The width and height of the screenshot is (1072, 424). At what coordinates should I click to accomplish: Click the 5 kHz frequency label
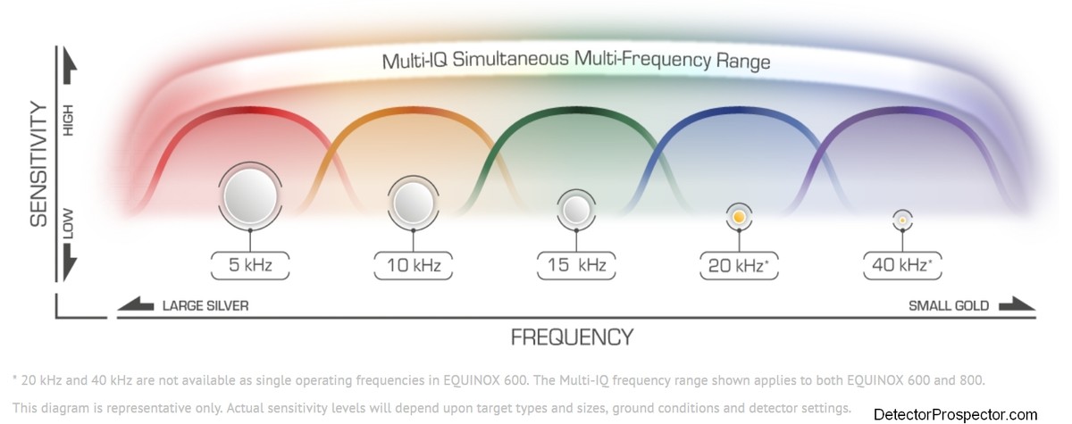pyautogui.click(x=250, y=265)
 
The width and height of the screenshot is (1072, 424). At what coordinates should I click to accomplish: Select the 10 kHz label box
pyautogui.click(x=413, y=265)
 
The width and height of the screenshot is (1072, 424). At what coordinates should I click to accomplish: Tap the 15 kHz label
pyautogui.click(x=576, y=265)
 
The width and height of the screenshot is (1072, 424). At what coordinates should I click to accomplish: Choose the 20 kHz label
pyautogui.click(x=739, y=265)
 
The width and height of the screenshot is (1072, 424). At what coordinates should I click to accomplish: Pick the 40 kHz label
pyautogui.click(x=902, y=265)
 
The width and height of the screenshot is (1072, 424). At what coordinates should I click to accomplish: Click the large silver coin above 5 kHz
pyautogui.click(x=250, y=196)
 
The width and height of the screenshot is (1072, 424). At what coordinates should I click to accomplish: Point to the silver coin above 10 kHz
pyautogui.click(x=413, y=203)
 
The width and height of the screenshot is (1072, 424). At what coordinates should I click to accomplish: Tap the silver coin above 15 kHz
pyautogui.click(x=576, y=210)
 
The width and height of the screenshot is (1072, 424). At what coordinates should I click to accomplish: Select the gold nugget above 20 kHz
pyautogui.click(x=739, y=217)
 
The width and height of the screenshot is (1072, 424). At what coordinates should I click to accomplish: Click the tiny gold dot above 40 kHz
pyautogui.click(x=902, y=220)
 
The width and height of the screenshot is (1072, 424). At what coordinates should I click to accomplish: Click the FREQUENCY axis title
pyautogui.click(x=573, y=337)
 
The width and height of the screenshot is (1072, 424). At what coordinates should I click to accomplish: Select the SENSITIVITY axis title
pyautogui.click(x=38, y=164)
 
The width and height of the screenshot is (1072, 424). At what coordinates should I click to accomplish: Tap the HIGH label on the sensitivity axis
pyautogui.click(x=69, y=120)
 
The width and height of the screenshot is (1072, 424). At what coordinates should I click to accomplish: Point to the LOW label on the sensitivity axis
pyautogui.click(x=69, y=224)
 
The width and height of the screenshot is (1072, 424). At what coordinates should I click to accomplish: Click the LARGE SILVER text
pyautogui.click(x=205, y=306)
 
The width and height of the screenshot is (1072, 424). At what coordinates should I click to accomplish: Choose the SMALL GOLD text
pyautogui.click(x=949, y=306)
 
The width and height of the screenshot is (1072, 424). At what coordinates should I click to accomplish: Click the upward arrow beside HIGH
pyautogui.click(x=70, y=65)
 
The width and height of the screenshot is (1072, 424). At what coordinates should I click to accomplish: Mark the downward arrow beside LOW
pyautogui.click(x=70, y=262)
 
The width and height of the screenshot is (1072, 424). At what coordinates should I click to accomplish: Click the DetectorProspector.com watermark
pyautogui.click(x=955, y=414)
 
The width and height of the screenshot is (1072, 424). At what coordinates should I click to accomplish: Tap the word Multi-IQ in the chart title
pyautogui.click(x=415, y=61)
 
